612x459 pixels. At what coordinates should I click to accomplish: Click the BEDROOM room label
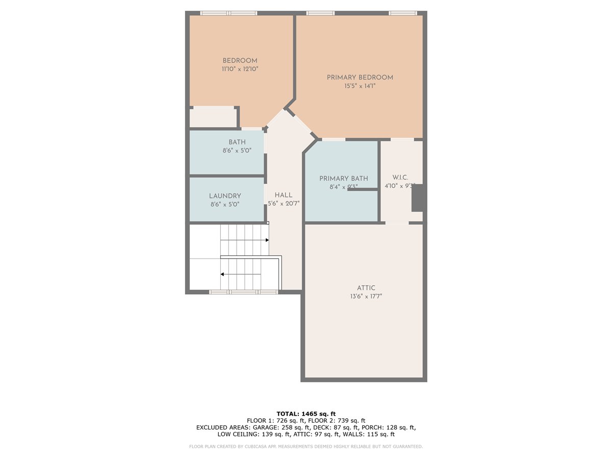[x=240, y=61]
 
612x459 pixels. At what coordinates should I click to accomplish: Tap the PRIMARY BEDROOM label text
[x=360, y=78]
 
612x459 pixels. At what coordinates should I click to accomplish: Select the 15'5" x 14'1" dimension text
[x=360, y=86]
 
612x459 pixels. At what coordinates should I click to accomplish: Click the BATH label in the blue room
[x=237, y=142]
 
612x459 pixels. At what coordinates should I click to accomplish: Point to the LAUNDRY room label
[x=225, y=196]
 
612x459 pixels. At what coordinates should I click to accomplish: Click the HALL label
[x=284, y=195]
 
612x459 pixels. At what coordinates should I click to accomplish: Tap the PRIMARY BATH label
[x=344, y=178]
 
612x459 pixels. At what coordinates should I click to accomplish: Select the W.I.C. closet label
[x=400, y=177]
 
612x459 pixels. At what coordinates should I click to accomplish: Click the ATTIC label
[x=366, y=288]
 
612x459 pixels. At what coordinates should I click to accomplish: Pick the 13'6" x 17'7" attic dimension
[x=366, y=296]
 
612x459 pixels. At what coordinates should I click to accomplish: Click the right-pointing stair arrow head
[x=267, y=240]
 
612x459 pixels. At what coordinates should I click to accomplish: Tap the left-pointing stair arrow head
[x=222, y=274]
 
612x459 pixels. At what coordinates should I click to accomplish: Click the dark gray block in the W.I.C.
[x=418, y=198]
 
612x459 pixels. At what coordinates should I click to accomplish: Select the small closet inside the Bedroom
[x=213, y=117]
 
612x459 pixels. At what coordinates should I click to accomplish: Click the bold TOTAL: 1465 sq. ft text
[x=306, y=414]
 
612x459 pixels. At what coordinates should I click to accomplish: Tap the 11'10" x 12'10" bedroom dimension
[x=240, y=69]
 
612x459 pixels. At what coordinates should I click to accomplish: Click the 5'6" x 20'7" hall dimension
[x=284, y=203]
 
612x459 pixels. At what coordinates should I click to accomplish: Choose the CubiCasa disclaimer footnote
[x=306, y=446]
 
